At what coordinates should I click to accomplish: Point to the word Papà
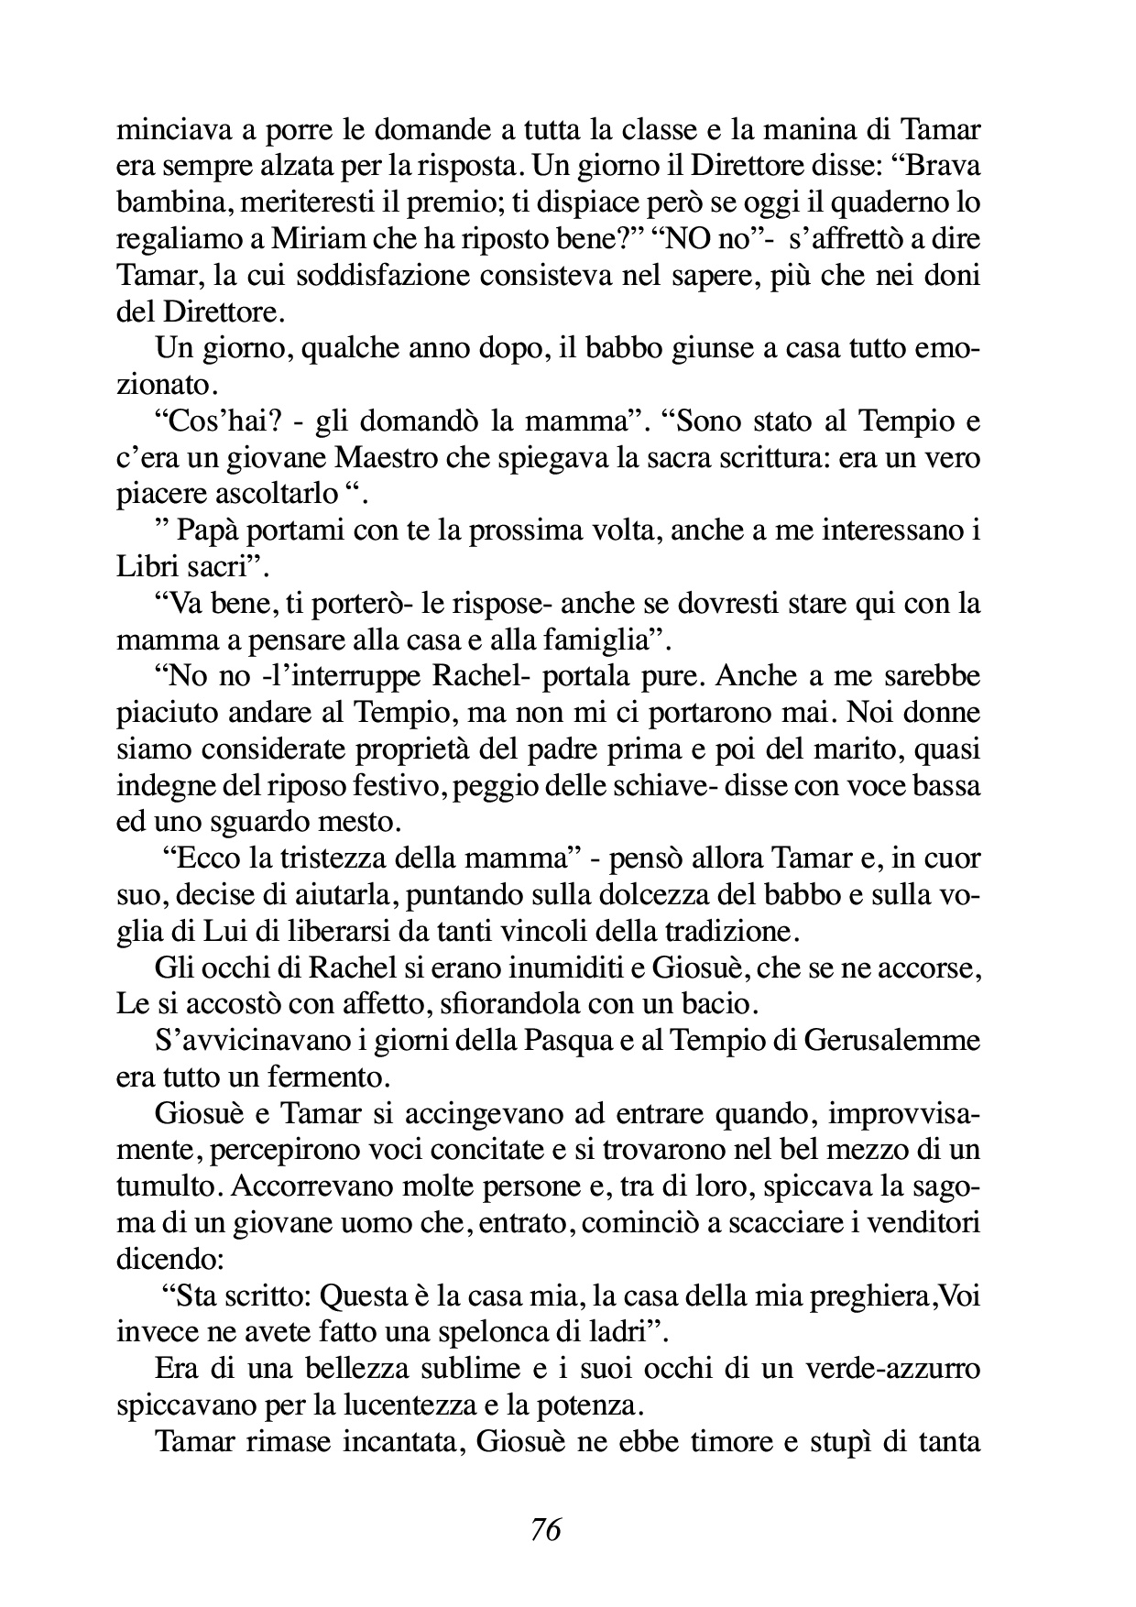coord(207,530)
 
